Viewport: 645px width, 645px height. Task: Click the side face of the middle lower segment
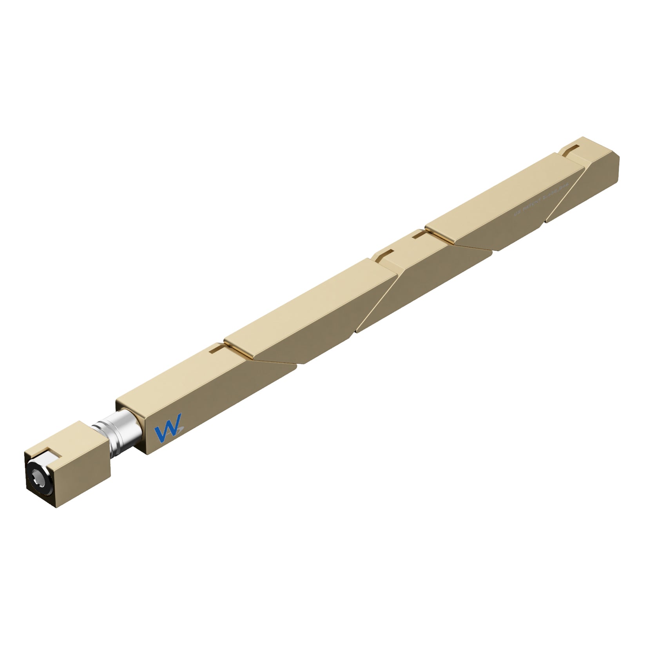point(423,282)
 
